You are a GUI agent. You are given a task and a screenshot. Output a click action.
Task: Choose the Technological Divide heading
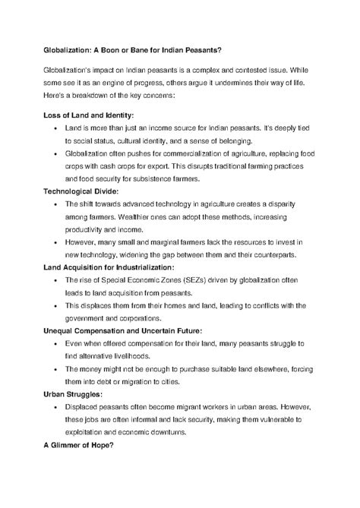pos(87,191)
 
